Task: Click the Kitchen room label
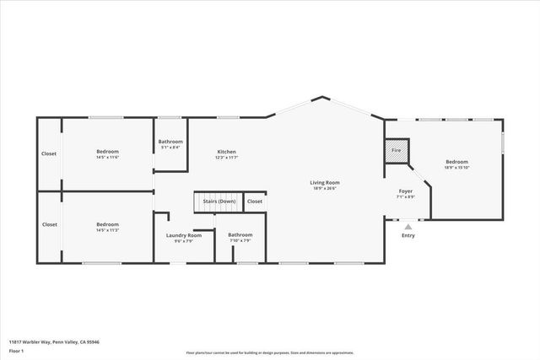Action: pos(226,151)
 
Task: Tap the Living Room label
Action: pos(324,182)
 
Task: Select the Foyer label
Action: pos(405,191)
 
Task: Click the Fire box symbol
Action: pos(397,151)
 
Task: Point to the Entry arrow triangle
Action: pos(408,226)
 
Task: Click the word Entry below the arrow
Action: pos(408,235)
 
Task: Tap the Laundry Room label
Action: pos(184,235)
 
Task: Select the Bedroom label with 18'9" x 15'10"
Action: pos(456,161)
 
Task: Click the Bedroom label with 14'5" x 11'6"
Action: pos(107,151)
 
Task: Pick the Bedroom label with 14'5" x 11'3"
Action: pos(107,224)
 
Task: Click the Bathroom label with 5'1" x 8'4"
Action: pos(171,142)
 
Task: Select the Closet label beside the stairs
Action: pos(255,201)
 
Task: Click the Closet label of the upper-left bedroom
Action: pos(49,153)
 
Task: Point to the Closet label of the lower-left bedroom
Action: pos(49,224)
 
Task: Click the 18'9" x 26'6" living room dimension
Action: pos(324,189)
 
